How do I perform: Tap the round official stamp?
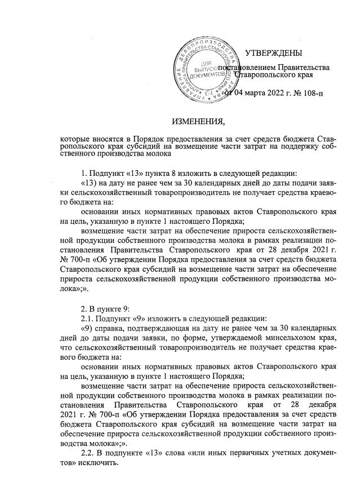coord(206,67)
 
